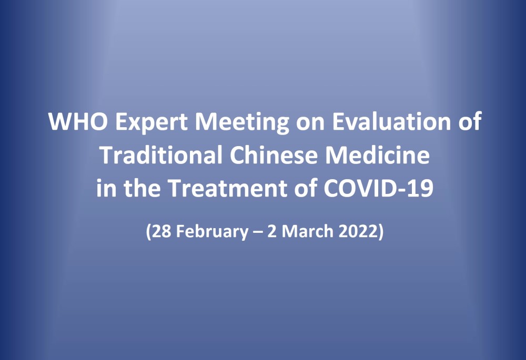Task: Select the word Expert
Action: (151, 122)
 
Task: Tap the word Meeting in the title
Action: (242, 122)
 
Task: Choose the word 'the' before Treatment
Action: (142, 188)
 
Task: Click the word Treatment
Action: (227, 188)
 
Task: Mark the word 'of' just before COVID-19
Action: (306, 188)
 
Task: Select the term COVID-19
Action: (379, 188)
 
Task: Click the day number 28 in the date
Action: (161, 231)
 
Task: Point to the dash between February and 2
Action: (258, 232)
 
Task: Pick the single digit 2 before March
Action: (272, 231)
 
